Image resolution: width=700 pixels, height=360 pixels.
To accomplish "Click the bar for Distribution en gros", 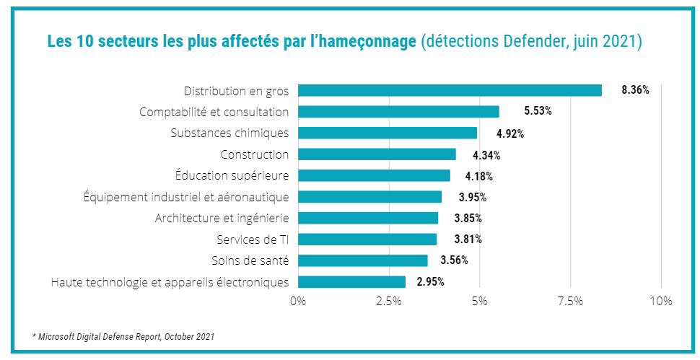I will (x=450, y=90).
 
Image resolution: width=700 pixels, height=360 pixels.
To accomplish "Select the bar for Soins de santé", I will (x=362, y=260).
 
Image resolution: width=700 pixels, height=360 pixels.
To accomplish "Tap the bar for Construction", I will (x=377, y=154).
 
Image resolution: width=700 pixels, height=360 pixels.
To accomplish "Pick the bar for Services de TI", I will (x=367, y=240).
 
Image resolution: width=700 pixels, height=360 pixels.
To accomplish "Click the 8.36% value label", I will (x=635, y=90).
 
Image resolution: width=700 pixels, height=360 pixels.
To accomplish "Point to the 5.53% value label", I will (x=538, y=112).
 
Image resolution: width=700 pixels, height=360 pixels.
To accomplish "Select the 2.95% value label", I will (x=430, y=281).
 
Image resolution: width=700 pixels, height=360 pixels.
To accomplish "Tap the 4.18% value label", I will (x=478, y=176).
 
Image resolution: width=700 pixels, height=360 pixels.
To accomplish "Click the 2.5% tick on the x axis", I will (x=389, y=301).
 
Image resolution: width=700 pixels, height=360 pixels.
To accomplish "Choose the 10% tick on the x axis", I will (x=661, y=301).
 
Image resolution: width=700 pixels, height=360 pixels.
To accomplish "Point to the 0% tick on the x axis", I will (x=298, y=301).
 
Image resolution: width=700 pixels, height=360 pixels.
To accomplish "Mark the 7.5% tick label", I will (x=570, y=301).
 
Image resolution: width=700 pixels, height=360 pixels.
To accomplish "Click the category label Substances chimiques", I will (x=229, y=133).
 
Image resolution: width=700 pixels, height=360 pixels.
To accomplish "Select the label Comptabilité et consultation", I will (x=214, y=112).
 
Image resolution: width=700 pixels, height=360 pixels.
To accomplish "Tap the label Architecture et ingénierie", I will (x=222, y=218).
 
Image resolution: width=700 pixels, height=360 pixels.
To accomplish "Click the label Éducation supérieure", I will (x=232, y=175).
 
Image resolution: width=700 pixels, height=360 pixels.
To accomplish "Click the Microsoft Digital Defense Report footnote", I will (x=123, y=336).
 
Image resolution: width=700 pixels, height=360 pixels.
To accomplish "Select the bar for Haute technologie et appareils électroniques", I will (x=351, y=282).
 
